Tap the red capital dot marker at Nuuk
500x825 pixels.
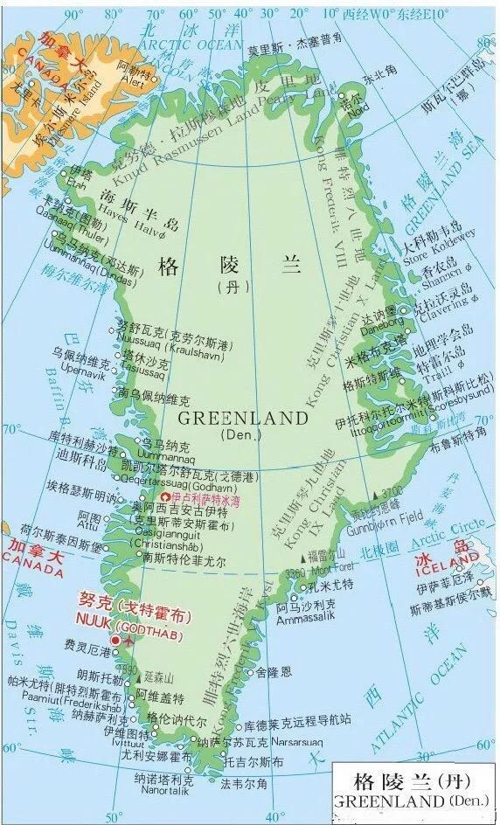tap(115, 640)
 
